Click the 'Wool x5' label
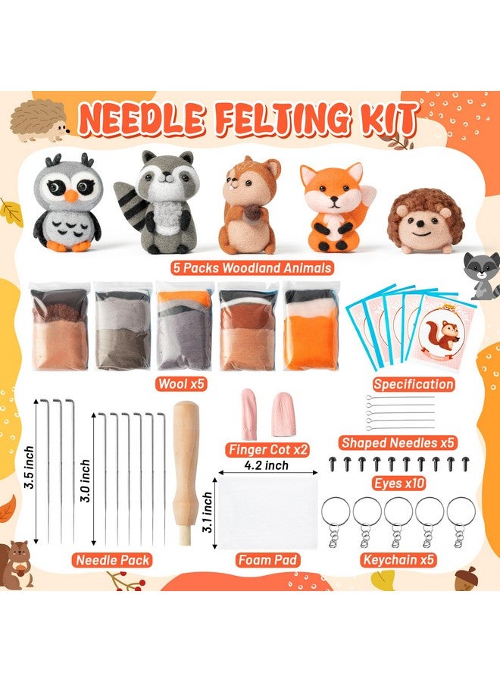click(180, 383)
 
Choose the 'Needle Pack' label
click(112, 561)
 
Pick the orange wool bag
click(311, 326)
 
